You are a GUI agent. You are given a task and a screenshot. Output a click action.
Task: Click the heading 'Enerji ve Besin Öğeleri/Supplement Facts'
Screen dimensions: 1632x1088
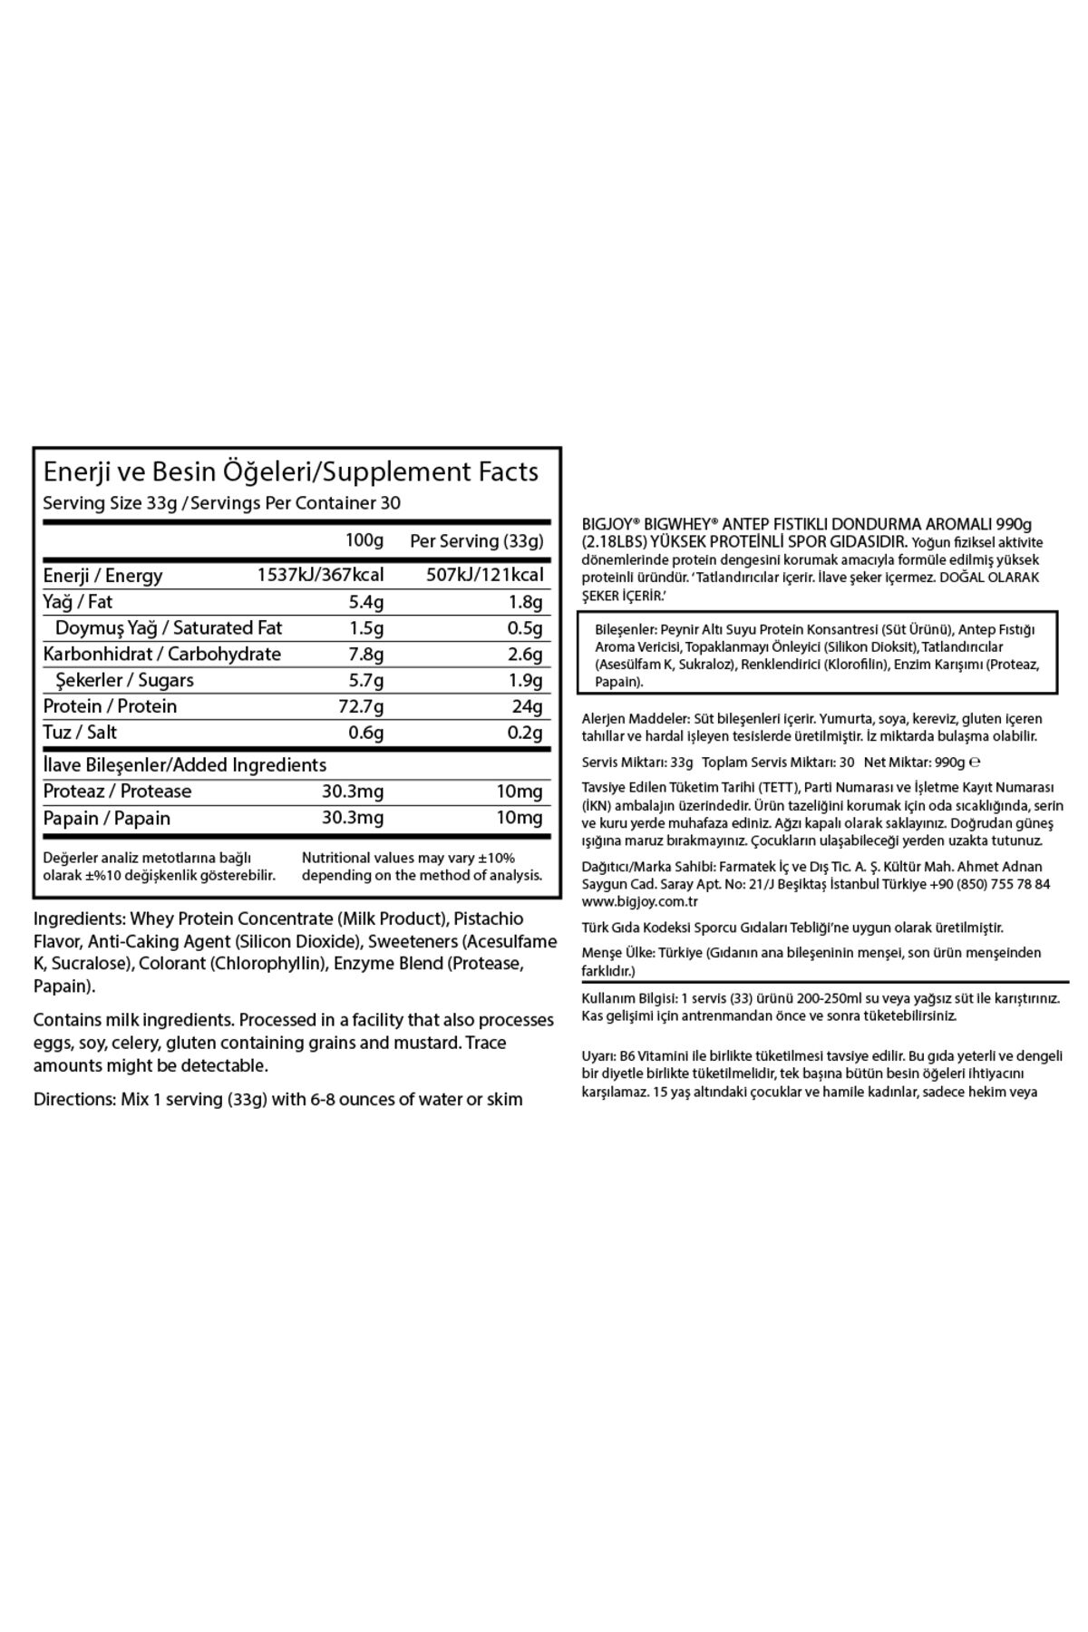[291, 471]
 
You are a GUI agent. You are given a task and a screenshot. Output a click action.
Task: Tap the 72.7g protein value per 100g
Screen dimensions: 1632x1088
[362, 706]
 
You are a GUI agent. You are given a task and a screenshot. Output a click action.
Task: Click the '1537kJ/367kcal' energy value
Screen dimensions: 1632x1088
[321, 575]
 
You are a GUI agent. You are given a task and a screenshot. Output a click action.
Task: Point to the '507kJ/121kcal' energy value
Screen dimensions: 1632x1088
[485, 575]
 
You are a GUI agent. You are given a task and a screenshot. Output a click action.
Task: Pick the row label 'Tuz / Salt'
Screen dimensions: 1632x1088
[81, 733]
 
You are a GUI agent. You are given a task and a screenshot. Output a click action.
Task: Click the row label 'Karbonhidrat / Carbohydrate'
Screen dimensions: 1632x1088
[162, 654]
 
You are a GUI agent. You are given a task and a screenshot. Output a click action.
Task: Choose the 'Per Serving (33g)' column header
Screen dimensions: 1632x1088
[477, 541]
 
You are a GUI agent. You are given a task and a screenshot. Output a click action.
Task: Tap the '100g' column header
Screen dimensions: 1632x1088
[364, 541]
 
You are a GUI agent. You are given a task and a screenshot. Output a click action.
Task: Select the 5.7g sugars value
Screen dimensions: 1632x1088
[365, 680]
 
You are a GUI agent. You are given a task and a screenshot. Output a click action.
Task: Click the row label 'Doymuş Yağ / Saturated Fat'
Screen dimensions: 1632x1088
[169, 627]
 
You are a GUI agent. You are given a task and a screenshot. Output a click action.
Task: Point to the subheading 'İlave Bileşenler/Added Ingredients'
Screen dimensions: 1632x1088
[185, 765]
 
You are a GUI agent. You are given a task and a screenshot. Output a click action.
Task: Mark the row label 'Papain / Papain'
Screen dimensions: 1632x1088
[107, 818]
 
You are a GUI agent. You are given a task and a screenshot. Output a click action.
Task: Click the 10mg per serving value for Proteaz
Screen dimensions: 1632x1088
[519, 792]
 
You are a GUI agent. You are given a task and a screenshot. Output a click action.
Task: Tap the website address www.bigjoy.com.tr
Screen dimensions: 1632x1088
[628, 902]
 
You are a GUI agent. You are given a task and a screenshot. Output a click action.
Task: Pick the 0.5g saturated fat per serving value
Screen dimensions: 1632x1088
[525, 627]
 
